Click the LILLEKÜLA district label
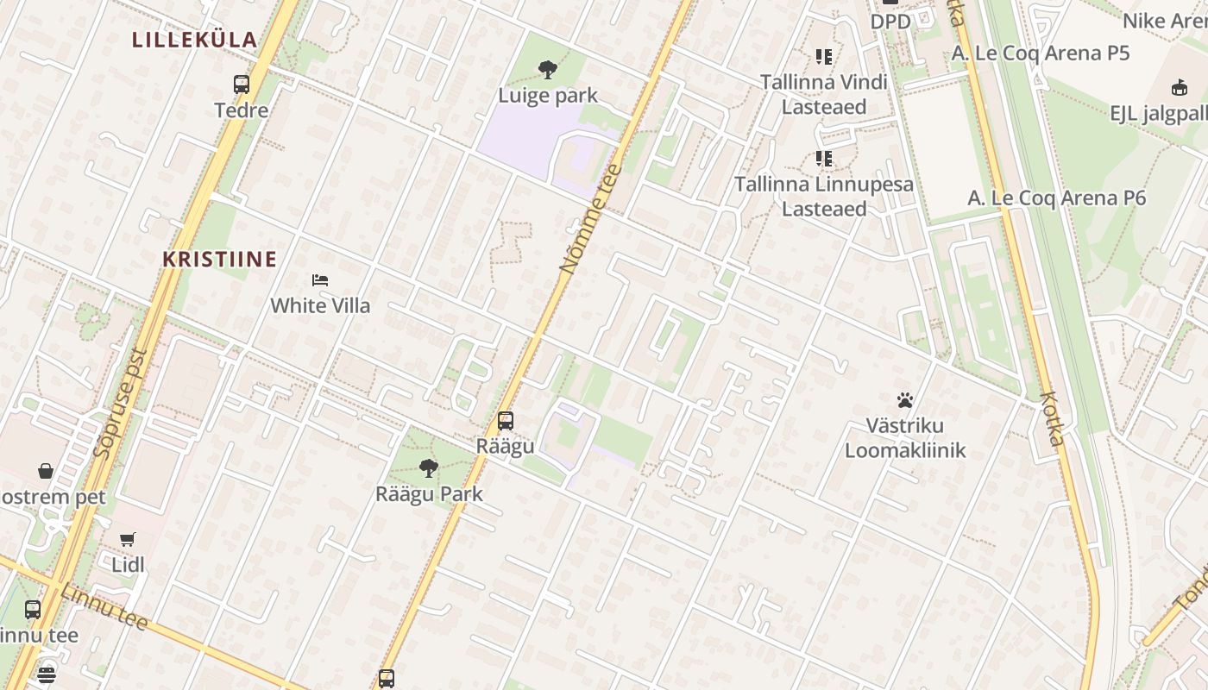[195, 40]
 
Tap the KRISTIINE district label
[220, 260]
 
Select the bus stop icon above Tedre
[242, 85]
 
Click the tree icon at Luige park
[547, 70]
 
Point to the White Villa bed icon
[320, 280]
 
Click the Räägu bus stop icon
[506, 421]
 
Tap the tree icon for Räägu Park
[428, 468]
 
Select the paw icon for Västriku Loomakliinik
[905, 400]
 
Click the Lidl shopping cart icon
[128, 540]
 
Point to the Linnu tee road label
[104, 605]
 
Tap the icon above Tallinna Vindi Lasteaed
[824, 57]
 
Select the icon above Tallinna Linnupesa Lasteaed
[824, 159]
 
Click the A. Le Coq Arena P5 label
[1041, 53]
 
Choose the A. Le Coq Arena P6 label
[1056, 198]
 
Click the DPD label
[890, 21]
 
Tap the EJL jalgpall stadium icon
[1179, 87]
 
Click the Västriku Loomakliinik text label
[905, 438]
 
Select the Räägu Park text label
[429, 494]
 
